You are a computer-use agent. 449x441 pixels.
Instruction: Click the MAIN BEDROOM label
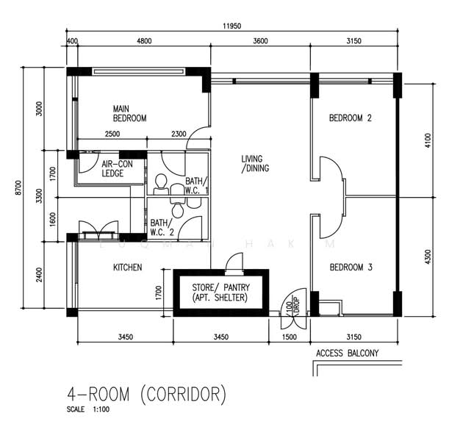tap(129, 113)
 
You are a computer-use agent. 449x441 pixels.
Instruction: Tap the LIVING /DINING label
tap(255, 163)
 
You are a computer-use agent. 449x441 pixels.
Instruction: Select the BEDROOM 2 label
tap(351, 118)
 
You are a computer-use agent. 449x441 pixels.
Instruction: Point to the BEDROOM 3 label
tap(351, 268)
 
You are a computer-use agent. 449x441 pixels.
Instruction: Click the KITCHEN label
tap(127, 268)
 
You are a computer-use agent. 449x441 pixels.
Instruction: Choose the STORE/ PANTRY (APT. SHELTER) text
tap(220, 293)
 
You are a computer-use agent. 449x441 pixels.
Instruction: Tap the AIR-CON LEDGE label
tap(117, 168)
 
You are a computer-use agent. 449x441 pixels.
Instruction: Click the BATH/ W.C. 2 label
tap(162, 227)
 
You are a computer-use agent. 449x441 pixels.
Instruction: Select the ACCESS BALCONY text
tap(348, 353)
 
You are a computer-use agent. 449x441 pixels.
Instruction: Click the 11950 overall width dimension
tap(232, 26)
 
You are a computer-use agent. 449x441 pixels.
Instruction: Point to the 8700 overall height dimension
tap(18, 187)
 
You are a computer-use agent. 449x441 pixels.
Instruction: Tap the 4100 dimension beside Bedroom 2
tap(428, 140)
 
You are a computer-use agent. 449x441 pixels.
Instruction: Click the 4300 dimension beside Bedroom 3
tap(428, 257)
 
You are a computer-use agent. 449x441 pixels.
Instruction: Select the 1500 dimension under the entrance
tap(290, 337)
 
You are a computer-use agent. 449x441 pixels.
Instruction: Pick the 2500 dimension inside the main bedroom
tap(112, 134)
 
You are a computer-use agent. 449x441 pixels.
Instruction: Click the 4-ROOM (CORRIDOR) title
tap(146, 395)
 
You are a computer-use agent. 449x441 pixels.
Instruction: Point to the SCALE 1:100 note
tap(88, 409)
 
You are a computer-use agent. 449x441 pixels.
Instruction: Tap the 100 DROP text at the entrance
tap(292, 306)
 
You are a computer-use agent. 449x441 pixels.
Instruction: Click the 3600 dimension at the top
tap(260, 41)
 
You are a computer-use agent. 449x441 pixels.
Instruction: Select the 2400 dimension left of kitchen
tap(39, 275)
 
